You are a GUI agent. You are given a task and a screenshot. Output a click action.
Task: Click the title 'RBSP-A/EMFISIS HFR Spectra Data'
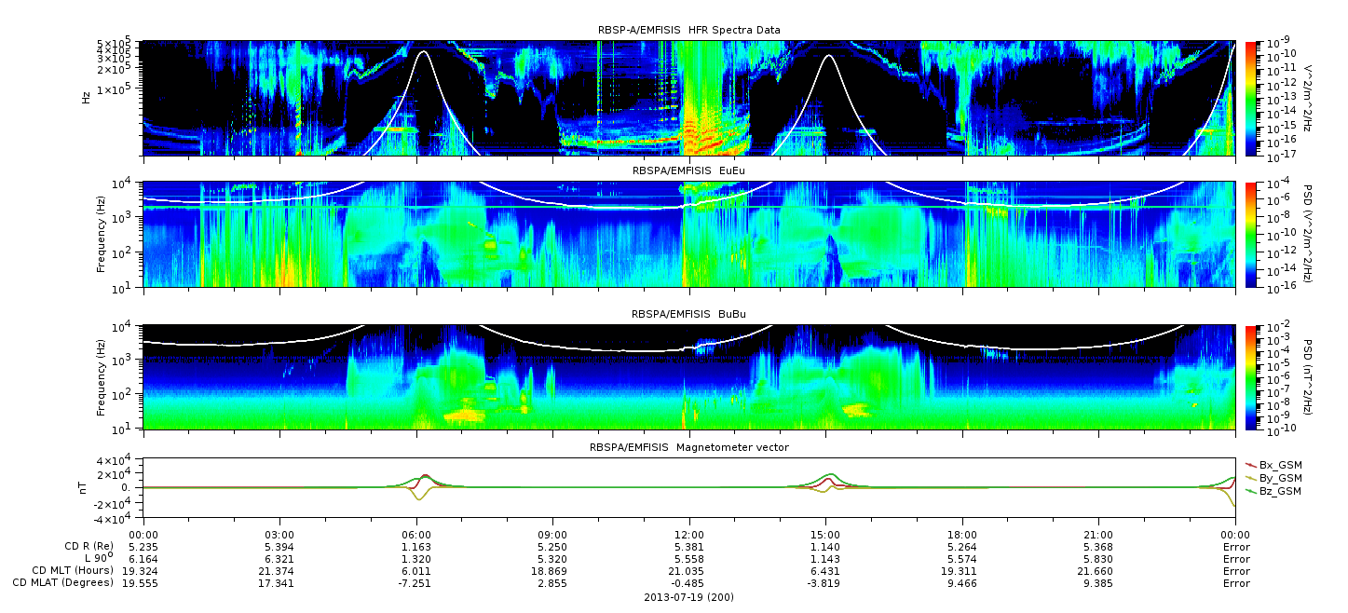688,30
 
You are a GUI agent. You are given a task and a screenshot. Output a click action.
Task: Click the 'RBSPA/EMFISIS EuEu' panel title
688,170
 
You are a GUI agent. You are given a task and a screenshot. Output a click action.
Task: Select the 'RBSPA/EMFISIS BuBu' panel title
688,314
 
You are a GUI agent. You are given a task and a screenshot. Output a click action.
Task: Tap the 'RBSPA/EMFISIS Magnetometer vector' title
689,447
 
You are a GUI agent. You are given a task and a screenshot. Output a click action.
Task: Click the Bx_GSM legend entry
1273,465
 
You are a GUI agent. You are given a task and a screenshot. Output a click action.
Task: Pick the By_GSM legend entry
1273,478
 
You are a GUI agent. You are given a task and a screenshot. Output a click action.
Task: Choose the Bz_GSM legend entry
1273,491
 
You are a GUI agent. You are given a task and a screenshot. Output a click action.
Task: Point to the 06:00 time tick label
416,535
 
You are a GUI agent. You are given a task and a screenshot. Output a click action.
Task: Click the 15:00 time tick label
825,535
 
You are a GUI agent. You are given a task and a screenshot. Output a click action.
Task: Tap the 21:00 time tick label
1098,535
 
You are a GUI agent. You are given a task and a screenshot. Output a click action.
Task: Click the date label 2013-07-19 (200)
689,597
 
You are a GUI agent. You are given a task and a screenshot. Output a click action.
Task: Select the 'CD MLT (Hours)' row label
73,570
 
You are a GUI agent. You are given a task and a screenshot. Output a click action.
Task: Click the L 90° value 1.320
416,559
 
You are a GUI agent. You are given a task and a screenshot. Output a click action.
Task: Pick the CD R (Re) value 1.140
825,547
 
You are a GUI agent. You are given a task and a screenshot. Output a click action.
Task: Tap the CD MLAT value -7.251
415,583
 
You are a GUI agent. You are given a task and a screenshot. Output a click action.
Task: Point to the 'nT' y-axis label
83,488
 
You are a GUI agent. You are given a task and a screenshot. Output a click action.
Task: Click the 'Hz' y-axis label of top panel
86,98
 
